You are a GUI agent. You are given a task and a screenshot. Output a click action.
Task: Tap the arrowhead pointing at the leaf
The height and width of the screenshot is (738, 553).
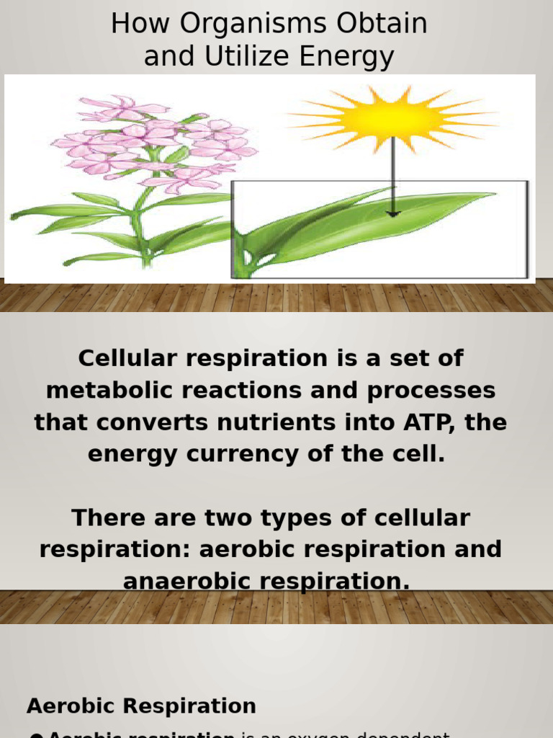point(392,213)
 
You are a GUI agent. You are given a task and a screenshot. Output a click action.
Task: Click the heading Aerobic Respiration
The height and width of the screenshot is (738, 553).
point(141,706)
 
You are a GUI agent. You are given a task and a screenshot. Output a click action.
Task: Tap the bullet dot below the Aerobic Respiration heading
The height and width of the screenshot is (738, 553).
point(36,734)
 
